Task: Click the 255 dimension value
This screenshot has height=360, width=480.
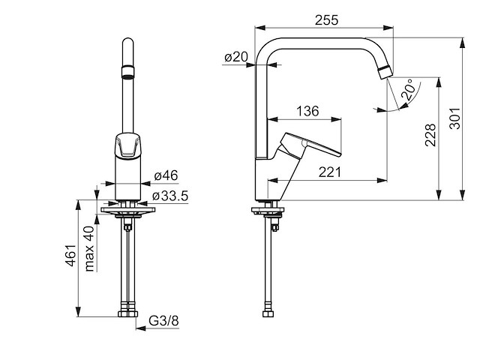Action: point(327,20)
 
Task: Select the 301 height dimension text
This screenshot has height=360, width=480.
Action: point(455,118)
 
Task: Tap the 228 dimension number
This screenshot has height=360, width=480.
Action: point(430,135)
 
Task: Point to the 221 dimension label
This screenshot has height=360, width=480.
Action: point(330,172)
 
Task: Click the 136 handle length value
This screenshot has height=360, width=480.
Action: point(307,111)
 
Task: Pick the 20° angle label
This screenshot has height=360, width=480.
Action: point(409,89)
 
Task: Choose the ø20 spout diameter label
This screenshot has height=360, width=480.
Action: point(236,57)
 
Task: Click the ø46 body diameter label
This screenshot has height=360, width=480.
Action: point(166,175)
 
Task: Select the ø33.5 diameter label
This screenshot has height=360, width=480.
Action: point(170,196)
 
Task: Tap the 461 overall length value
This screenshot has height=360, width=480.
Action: point(70,255)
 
